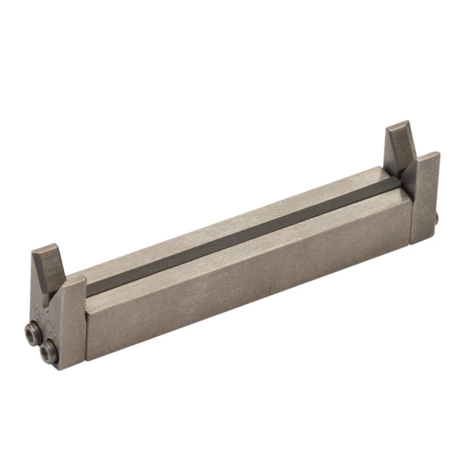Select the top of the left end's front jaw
pos(75,282)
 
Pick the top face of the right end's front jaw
pos(425,158)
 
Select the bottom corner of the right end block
pos(426,239)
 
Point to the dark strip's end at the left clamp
pos(90,289)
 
